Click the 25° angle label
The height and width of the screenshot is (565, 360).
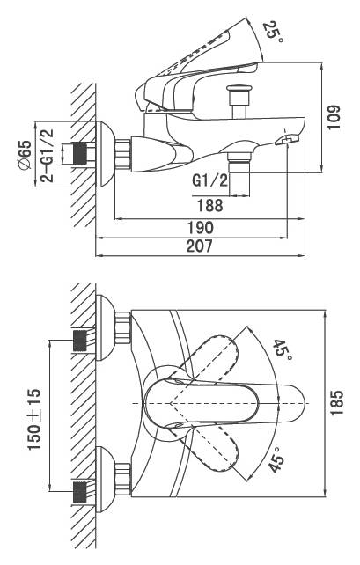coord(273,32)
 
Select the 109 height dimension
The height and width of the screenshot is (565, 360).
coord(334,117)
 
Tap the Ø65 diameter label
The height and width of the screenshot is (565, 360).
coord(25,155)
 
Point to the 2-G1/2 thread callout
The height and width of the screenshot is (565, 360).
coord(47,155)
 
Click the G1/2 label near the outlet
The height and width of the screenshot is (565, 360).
coord(210,181)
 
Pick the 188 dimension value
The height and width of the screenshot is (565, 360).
coord(210,205)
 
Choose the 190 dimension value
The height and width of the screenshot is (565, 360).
coord(201,228)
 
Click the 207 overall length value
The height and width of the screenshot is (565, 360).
coord(199,246)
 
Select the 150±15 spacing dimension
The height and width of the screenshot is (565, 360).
coord(35,420)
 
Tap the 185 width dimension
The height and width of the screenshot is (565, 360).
coord(338,402)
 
